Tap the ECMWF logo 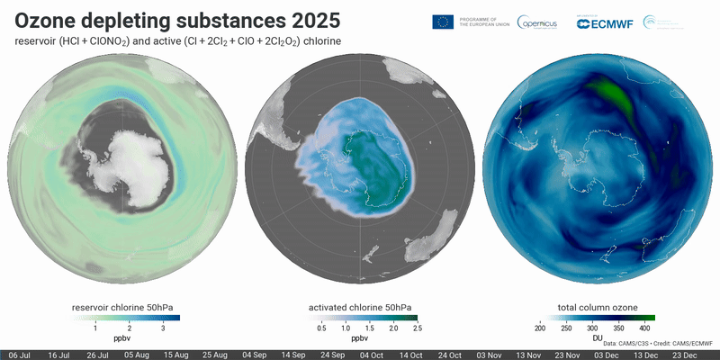(x=604, y=22)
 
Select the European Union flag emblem (x=443, y=22)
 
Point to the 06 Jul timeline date (x=24, y=355)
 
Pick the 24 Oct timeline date (x=451, y=355)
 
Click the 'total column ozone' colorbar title (x=597, y=309)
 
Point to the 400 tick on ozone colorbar (x=645, y=329)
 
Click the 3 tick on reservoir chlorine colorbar (x=163, y=329)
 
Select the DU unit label (x=597, y=338)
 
